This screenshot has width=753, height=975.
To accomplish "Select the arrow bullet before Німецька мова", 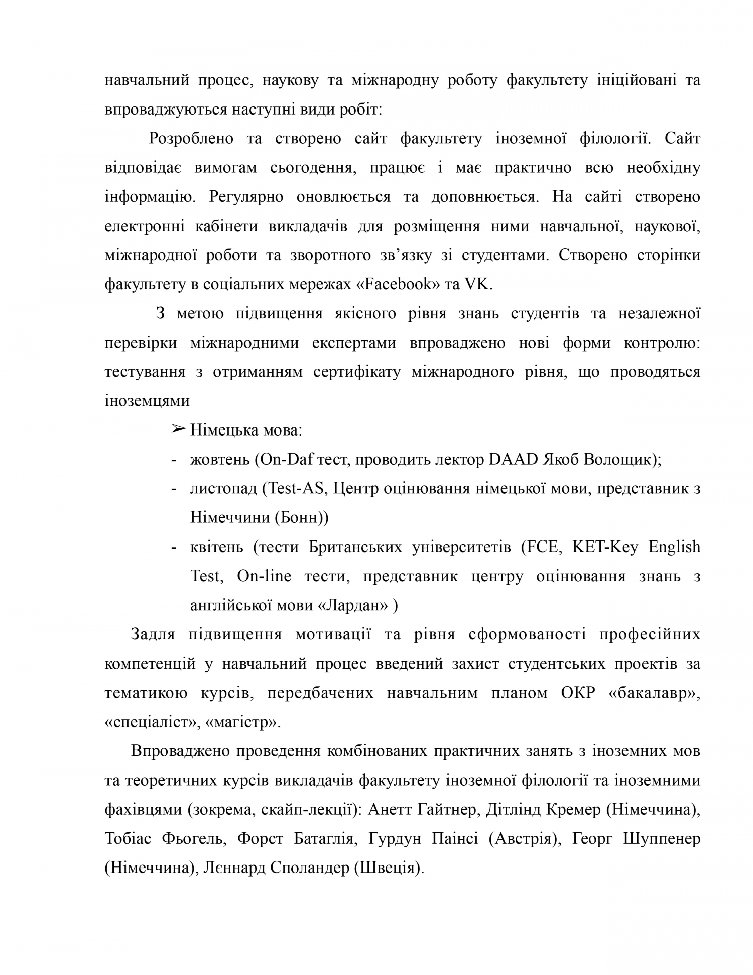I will pyautogui.click(x=178, y=429).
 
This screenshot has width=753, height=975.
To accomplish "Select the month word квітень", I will pyautogui.click(x=217, y=547).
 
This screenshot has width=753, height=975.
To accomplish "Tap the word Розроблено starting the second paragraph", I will pyautogui.click(x=191, y=138).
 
